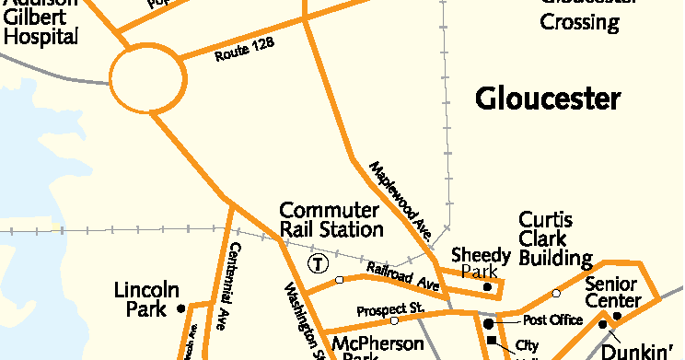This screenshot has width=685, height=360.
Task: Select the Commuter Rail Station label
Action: pos(331,220)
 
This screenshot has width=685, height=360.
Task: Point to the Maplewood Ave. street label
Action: pos(401,196)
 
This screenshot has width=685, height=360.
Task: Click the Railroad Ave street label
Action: pos(402,275)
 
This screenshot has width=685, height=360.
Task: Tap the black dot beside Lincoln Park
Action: pos(181,308)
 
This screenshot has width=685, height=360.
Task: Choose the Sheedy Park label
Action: pos(481,262)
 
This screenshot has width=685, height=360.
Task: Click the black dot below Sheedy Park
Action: pos(488,288)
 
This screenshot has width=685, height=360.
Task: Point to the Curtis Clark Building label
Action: pos(554,238)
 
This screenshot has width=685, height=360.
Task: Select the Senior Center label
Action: pos(612,292)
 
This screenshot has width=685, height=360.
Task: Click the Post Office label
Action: pos(552,320)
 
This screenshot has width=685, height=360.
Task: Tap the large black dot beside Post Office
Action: pos(488,323)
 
